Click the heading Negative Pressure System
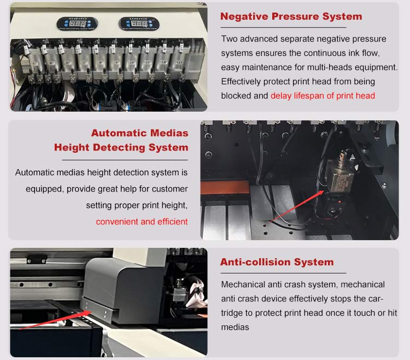coord(291,16)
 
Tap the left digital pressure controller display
coord(77,24)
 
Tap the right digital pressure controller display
coord(139,24)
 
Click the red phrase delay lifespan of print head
coord(323,96)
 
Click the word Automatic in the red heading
coord(119,133)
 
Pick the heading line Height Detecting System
coord(121,147)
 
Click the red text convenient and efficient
coord(142,222)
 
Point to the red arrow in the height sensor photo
coord(297,207)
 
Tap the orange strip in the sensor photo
coord(225,187)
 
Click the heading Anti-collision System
coord(277,262)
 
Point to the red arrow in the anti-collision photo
coord(55,320)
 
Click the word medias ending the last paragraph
coord(235,327)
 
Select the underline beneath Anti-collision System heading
coord(283,273)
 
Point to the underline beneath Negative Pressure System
coord(283,27)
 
